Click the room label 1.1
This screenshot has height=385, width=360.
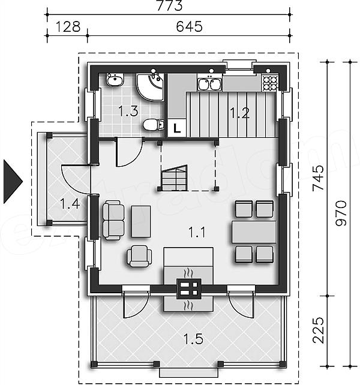(197, 232)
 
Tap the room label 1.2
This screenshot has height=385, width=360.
(239, 113)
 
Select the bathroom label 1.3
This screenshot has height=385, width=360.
(128, 111)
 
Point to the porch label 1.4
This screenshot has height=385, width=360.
(70, 204)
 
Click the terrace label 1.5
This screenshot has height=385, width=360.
(193, 339)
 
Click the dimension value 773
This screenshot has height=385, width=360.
(170, 6)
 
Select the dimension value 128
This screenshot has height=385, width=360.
(68, 26)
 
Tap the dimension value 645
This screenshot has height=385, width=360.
(189, 26)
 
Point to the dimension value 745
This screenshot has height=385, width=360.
(318, 178)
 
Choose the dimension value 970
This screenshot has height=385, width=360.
(341, 213)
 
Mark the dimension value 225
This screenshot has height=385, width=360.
(318, 330)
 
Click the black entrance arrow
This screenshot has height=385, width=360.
(13, 182)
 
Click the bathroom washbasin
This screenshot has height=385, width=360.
(115, 79)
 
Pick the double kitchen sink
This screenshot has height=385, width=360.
(209, 84)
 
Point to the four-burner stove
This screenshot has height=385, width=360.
(269, 83)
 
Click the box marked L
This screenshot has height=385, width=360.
(176, 128)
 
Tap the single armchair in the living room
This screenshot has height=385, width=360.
(139, 256)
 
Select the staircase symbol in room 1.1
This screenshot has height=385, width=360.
(174, 178)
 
